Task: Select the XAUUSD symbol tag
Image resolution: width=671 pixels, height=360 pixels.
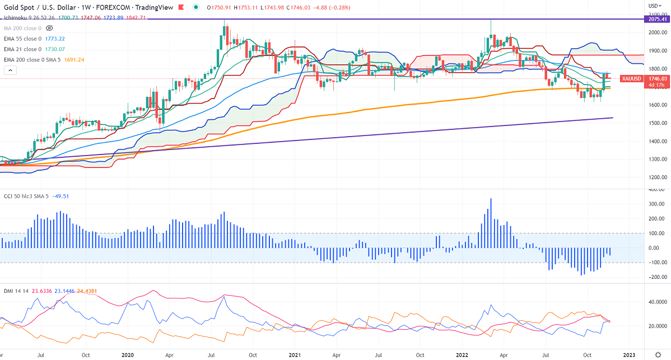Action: [632, 79]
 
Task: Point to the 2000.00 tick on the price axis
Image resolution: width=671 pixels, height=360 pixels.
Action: [656, 32]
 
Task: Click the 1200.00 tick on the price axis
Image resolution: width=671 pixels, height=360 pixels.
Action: [656, 177]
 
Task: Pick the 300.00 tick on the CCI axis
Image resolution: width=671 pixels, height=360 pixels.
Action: [656, 204]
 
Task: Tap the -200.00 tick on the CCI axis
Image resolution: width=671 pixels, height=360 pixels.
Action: [656, 277]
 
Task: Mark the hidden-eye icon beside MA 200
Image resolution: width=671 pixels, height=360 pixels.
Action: [49, 28]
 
